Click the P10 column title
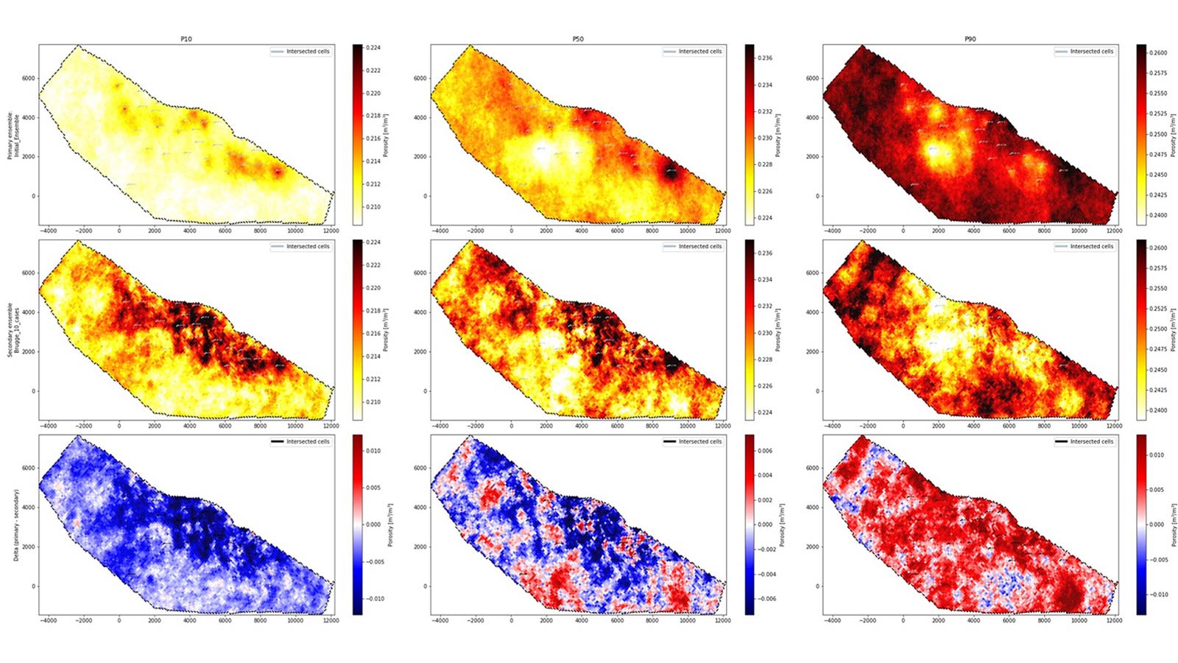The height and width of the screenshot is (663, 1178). point(186,39)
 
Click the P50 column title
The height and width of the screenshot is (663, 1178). point(578,39)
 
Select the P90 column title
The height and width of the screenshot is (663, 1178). point(970,39)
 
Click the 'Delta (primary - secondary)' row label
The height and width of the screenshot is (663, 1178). point(16,524)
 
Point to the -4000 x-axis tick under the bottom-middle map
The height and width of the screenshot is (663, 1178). point(440,621)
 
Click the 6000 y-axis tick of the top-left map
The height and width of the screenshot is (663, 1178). point(27,78)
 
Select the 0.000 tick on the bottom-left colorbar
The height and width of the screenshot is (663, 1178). point(373,525)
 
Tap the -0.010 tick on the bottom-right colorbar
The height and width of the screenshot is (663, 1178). point(1160,594)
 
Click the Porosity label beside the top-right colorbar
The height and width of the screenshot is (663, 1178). point(1174,134)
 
